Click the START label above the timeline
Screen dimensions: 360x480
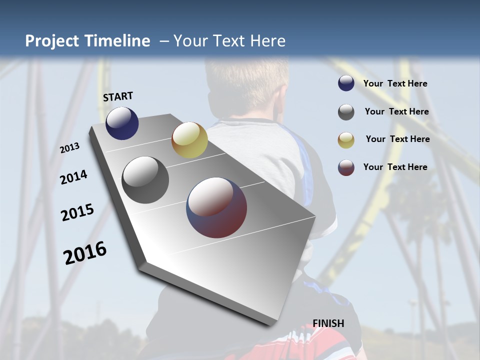click(118, 96)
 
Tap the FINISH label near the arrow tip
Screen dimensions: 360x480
click(328, 323)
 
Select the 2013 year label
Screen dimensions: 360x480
click(69, 147)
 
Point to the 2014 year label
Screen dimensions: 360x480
click(73, 177)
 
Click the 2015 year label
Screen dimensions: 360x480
click(77, 212)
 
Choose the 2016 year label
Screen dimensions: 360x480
click(84, 253)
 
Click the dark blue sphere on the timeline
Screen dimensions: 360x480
click(122, 123)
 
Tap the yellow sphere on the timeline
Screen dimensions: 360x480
click(189, 140)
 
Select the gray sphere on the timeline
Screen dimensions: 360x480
click(145, 180)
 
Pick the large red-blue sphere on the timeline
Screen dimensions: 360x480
click(216, 207)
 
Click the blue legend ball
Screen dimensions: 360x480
click(346, 83)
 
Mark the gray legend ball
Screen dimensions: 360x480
click(346, 112)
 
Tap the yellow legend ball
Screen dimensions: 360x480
click(346, 140)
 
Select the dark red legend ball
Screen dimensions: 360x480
click(346, 167)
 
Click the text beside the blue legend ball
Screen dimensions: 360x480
click(395, 83)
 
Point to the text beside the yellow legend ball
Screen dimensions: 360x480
click(397, 139)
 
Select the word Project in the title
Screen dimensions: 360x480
click(51, 41)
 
